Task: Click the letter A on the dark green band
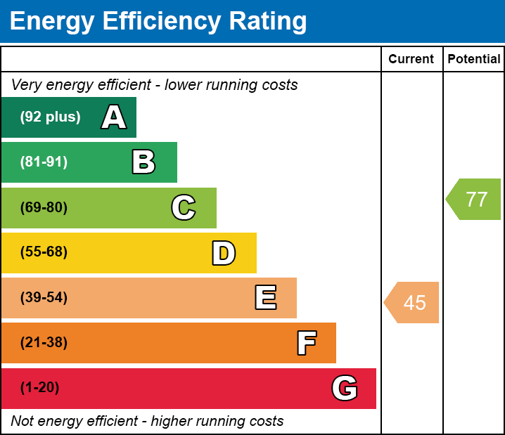(x=114, y=117)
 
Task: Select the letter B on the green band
(x=143, y=162)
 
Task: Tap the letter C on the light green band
(x=184, y=208)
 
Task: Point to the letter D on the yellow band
(x=224, y=253)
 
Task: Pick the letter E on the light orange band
(x=265, y=298)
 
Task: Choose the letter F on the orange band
(x=306, y=343)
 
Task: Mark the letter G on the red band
(x=345, y=388)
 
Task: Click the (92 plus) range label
(x=50, y=117)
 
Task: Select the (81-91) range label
(x=44, y=162)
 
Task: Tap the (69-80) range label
(x=44, y=208)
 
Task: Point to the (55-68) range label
(x=44, y=252)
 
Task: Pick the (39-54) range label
(x=44, y=298)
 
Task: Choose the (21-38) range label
(x=44, y=343)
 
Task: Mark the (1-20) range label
(x=39, y=388)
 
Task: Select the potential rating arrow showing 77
(x=474, y=200)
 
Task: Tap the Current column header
(x=411, y=60)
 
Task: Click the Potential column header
(x=474, y=60)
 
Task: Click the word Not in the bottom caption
(x=22, y=422)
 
